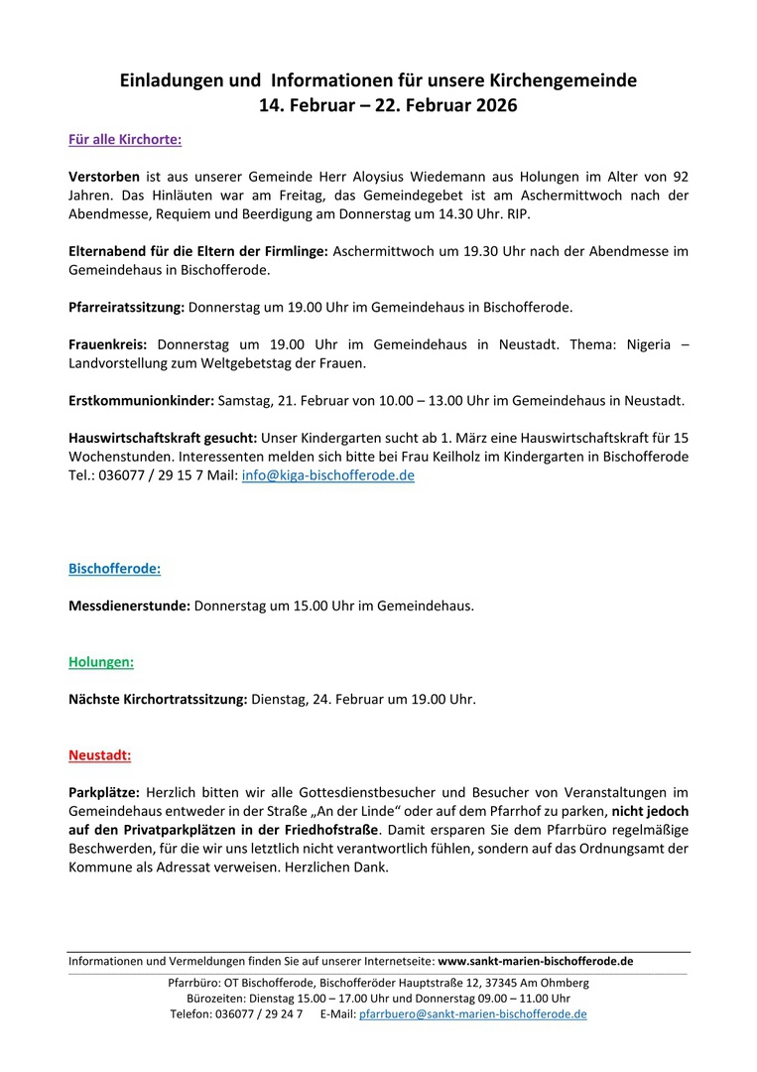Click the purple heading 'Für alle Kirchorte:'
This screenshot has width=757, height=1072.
pos(124,140)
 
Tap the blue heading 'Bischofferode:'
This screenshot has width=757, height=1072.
pos(114,569)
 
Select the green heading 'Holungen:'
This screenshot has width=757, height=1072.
pos(101,661)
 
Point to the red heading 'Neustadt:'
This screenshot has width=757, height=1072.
pos(99,755)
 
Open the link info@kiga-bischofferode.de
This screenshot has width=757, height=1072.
pos(327,475)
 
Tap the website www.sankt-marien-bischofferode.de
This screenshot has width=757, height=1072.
pos(536,961)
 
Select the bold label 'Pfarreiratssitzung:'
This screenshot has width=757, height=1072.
pos(126,307)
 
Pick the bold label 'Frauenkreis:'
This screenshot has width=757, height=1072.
pos(107,344)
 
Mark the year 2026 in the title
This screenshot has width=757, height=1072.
pos(493,104)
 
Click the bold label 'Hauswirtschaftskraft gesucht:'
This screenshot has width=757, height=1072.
pos(163,438)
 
